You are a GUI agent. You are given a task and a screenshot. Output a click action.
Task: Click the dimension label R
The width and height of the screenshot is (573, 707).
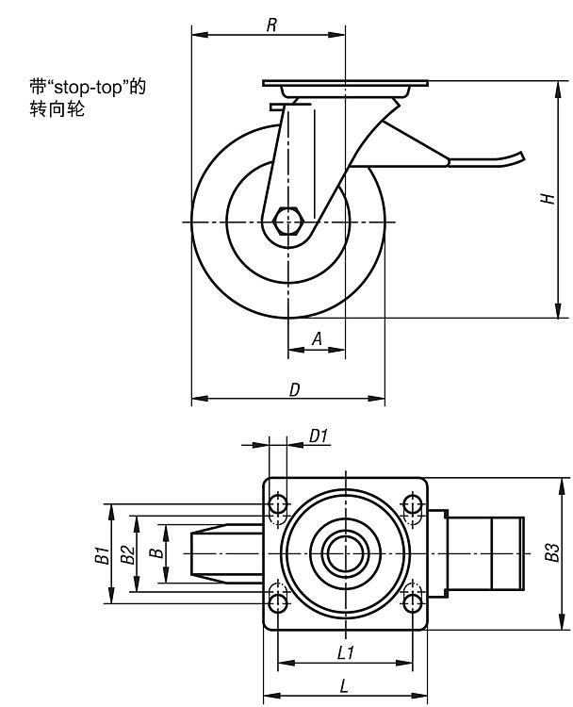coord(270,25)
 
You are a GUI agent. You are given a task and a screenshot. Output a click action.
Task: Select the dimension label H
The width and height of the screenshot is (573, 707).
coord(547,199)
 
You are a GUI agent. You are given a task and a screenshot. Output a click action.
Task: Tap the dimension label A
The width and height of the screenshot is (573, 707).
coord(317,337)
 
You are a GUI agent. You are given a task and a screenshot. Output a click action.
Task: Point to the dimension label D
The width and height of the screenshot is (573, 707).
coord(294,388)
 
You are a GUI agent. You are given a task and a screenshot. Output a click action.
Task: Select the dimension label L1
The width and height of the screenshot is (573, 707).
coord(345,651)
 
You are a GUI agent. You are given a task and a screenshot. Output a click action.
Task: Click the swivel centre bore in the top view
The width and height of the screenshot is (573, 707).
coord(344,552)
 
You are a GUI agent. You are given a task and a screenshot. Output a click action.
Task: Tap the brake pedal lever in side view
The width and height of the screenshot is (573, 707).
coord(485,161)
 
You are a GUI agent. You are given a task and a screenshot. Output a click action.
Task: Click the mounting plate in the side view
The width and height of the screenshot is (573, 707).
coord(344,83)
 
